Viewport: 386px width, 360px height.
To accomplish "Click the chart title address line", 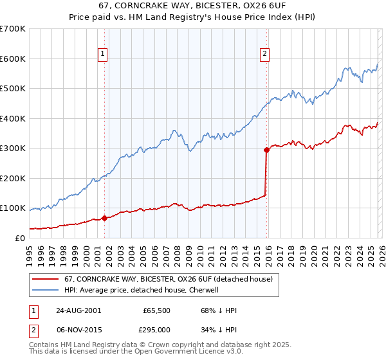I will [192, 6].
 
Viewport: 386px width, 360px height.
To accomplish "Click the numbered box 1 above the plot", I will [104, 55].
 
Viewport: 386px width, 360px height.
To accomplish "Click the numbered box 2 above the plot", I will [264, 55].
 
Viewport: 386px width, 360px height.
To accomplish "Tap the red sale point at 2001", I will [104, 219].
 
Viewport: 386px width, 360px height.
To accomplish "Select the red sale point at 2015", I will [266, 150].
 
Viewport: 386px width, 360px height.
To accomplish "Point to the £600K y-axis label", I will [12, 59].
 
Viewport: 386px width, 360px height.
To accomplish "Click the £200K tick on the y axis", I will [12, 178].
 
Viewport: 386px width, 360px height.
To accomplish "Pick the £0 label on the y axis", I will [19, 238].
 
